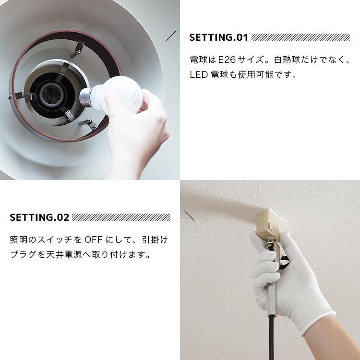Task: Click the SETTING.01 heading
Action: click(218, 38)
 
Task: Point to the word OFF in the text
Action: click(94, 240)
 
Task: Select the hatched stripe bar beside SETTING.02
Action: click(120, 217)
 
